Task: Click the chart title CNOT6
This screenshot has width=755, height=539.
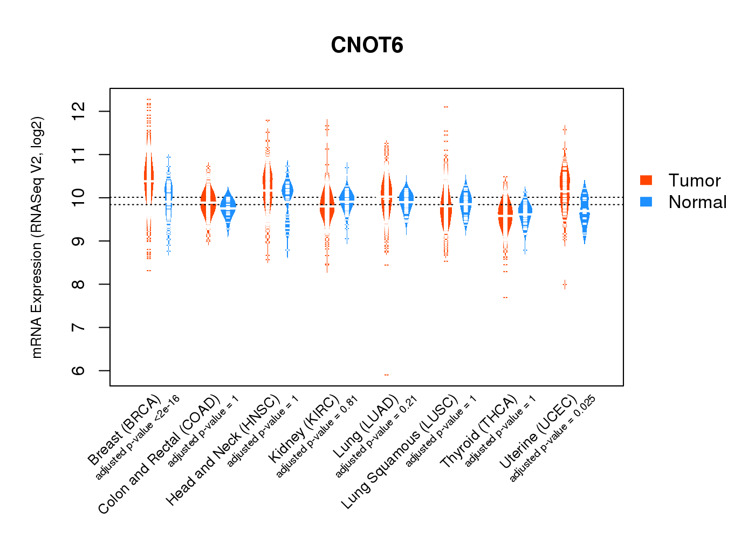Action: click(367, 45)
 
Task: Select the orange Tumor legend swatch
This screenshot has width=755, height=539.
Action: click(646, 180)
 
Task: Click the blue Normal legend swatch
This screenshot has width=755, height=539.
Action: click(646, 202)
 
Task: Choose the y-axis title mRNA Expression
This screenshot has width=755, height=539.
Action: click(37, 237)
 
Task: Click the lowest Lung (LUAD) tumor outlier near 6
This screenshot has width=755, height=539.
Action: click(387, 375)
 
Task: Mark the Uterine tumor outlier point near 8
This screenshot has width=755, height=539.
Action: click(565, 284)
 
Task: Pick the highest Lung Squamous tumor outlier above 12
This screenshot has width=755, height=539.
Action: click(446, 107)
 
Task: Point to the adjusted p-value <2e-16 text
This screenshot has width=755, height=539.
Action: click(138, 437)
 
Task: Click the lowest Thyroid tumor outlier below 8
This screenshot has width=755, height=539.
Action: click(505, 298)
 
